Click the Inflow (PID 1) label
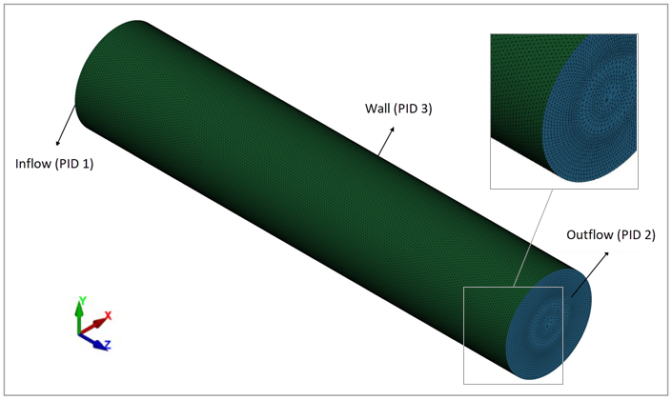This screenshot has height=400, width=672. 54,164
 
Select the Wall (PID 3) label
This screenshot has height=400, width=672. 398,109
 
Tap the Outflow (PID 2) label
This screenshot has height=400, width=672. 610,234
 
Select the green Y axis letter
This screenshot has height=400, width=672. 82,301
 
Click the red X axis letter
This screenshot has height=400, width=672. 109,315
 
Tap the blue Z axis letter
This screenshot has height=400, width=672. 108,346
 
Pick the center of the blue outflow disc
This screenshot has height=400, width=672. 549,325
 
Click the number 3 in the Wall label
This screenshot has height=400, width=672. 425,109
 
